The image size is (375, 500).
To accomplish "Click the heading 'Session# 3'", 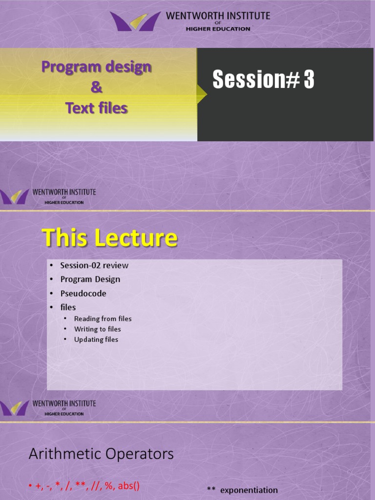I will (263, 80).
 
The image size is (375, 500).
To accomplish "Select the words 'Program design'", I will (96, 67).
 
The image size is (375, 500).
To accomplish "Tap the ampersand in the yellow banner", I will (97, 87).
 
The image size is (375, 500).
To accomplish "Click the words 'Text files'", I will (97, 108).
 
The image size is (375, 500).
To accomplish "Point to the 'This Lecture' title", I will (110, 238).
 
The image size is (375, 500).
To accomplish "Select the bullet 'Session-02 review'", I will (94, 265).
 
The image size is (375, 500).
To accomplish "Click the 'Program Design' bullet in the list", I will (90, 279).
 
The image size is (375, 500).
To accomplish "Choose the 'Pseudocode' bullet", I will (83, 293).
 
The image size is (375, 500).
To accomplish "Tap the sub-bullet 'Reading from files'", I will (103, 318).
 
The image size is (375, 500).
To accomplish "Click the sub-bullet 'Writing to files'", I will (97, 329).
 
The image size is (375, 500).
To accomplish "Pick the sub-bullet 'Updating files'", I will (96, 339).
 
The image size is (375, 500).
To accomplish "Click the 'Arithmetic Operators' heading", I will (101, 454).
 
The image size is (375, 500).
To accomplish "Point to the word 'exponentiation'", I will (249, 490).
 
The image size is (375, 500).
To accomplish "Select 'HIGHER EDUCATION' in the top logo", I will (218, 29).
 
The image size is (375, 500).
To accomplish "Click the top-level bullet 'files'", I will (68, 307).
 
